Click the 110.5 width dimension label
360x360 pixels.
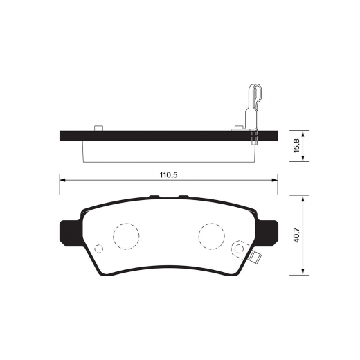(x=168, y=175)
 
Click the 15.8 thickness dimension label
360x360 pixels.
(x=297, y=145)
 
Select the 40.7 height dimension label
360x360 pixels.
(x=297, y=235)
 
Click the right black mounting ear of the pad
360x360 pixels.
(x=268, y=233)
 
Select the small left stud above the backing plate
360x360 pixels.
(x=98, y=128)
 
